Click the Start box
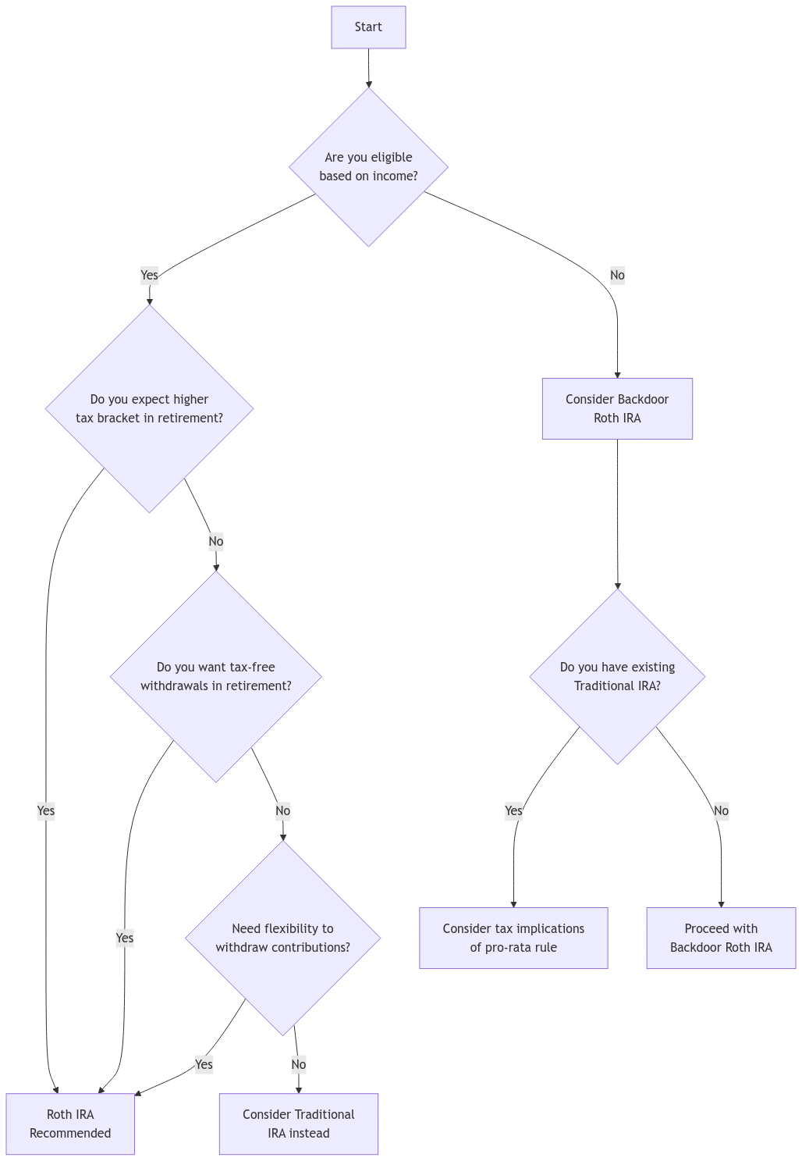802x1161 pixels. [x=368, y=27]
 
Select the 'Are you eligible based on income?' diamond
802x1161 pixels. [x=368, y=166]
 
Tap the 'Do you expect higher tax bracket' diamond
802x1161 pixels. [x=149, y=408]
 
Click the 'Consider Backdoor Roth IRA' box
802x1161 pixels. [x=617, y=408]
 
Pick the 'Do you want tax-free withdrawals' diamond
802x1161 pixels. [x=216, y=676]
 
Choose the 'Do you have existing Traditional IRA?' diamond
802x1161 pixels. [x=617, y=676]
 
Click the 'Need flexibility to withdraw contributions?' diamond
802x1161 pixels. [x=282, y=938]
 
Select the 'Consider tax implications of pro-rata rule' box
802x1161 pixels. [x=513, y=938]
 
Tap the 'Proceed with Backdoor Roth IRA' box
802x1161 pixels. [x=721, y=938]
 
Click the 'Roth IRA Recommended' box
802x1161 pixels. [x=70, y=1124]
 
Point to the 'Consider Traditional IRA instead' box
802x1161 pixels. [x=298, y=1124]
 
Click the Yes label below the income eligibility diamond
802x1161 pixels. [x=149, y=275]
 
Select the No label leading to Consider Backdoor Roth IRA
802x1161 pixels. [x=617, y=275]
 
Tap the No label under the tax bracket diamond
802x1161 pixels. [x=216, y=541]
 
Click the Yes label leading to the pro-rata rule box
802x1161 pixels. [x=513, y=810]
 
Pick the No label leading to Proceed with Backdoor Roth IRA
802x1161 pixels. [x=721, y=810]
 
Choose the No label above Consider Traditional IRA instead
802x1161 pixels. [x=298, y=1064]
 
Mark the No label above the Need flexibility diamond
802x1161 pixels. [x=282, y=810]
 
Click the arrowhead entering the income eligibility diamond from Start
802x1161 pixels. [x=368, y=84]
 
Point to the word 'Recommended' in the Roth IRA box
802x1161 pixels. [x=70, y=1133]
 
